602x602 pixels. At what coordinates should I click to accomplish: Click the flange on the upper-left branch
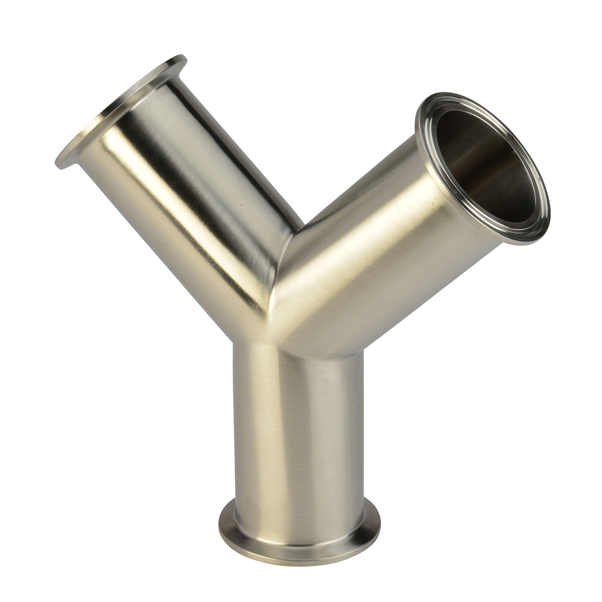pos(118,109)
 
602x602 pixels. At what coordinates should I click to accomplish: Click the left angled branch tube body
pos(194,194)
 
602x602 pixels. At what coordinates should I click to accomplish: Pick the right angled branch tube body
pos(376,247)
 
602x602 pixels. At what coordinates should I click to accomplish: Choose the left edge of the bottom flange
pos(220,526)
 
